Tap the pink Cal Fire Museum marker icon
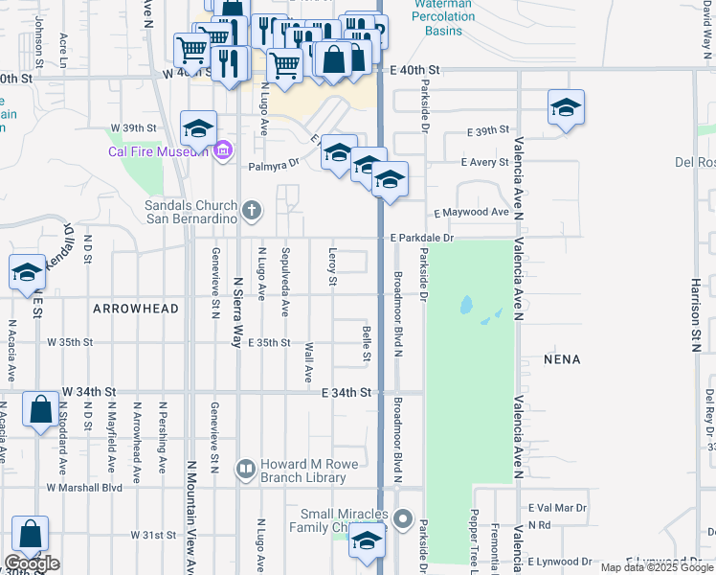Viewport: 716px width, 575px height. pos(223,150)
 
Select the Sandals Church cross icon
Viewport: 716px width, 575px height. pos(252,210)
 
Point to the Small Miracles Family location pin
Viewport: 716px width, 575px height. pos(403,521)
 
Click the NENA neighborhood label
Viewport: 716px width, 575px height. pos(562,359)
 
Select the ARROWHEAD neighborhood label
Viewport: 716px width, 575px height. pos(136,309)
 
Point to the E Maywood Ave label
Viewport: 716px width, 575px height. pos(472,212)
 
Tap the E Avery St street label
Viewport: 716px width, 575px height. pos(484,162)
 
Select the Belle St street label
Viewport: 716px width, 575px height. pos(367,343)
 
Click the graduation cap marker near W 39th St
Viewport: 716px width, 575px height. pos(198,127)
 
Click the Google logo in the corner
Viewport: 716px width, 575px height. pos(32,563)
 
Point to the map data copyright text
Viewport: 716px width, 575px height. pos(657,567)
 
